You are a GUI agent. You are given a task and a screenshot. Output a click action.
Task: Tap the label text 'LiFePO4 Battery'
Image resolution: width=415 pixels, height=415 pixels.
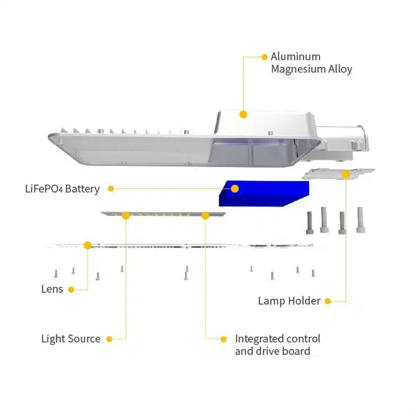point(62,189)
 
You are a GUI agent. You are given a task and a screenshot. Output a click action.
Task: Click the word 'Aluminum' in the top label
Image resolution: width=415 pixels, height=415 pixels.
point(296,56)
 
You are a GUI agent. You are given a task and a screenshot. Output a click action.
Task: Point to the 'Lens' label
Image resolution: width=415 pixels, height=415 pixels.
point(52,289)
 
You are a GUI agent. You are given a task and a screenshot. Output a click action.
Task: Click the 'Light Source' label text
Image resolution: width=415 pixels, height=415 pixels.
point(70,339)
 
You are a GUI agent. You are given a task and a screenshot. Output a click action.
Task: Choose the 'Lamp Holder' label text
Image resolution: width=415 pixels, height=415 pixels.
point(289,301)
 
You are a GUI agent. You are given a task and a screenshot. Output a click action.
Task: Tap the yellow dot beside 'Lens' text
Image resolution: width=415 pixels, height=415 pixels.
point(71,289)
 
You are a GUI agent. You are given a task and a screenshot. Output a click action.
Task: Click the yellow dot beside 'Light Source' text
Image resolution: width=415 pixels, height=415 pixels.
point(109,339)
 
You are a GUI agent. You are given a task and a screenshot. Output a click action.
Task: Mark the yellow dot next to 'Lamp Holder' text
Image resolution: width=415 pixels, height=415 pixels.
point(328,301)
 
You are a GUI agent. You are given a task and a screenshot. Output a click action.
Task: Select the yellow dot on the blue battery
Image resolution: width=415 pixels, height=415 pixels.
point(234,188)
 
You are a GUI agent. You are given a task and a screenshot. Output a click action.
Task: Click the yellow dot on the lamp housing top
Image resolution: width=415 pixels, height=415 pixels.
point(243,114)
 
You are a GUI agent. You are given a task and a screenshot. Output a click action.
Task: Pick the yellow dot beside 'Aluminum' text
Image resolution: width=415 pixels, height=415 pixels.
point(264,57)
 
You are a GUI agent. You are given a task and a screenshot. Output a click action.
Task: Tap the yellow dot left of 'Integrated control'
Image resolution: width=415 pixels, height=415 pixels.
point(224,339)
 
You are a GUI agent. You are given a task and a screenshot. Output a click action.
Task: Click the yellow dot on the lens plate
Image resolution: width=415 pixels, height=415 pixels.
point(88,245)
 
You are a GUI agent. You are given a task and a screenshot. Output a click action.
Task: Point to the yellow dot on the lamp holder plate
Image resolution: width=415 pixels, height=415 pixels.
point(346,174)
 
